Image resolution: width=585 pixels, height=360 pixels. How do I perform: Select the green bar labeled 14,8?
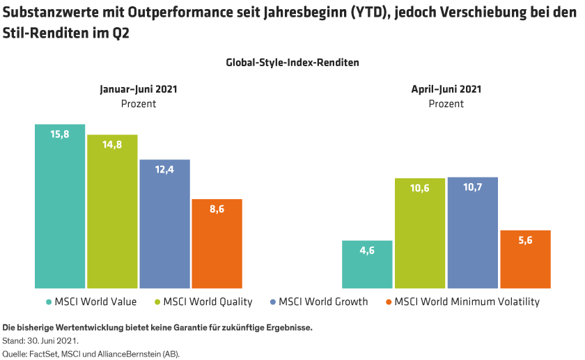(112, 212)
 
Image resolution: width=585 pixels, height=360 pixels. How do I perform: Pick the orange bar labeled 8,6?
(217, 244)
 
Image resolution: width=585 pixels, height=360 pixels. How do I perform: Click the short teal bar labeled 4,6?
(367, 265)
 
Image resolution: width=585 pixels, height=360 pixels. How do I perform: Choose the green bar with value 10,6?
(420, 233)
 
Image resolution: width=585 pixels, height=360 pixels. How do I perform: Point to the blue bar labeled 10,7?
(472, 233)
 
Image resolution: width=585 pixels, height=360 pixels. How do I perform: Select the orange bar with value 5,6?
(525, 259)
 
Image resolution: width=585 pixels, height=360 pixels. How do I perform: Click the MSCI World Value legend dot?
(49, 302)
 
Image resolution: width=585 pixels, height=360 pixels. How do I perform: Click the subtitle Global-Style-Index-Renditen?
(292, 63)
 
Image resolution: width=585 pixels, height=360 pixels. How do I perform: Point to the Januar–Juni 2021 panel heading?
(138, 89)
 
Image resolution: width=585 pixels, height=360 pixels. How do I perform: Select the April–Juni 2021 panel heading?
(446, 89)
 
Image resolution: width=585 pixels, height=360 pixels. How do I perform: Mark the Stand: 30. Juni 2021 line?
(41, 341)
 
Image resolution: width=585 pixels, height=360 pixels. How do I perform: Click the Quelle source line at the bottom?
(91, 354)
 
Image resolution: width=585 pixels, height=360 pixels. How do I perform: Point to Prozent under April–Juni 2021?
(446, 104)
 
